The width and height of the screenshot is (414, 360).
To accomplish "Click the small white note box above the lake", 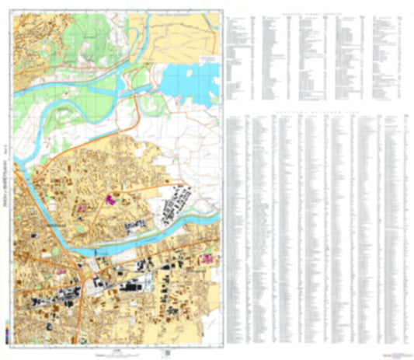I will pos(207,59).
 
